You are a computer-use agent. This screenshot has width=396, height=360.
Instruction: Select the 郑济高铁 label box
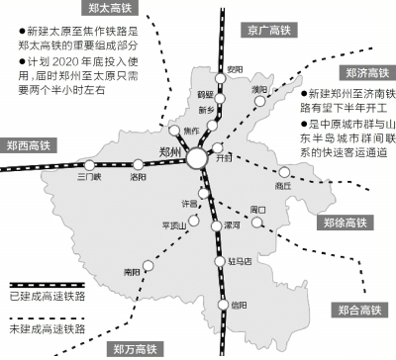[x=366, y=73]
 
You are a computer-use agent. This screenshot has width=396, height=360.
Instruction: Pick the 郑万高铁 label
[x=135, y=348]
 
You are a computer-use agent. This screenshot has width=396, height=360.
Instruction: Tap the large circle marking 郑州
[x=198, y=157]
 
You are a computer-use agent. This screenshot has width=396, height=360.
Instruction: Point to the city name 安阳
[x=235, y=68]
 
